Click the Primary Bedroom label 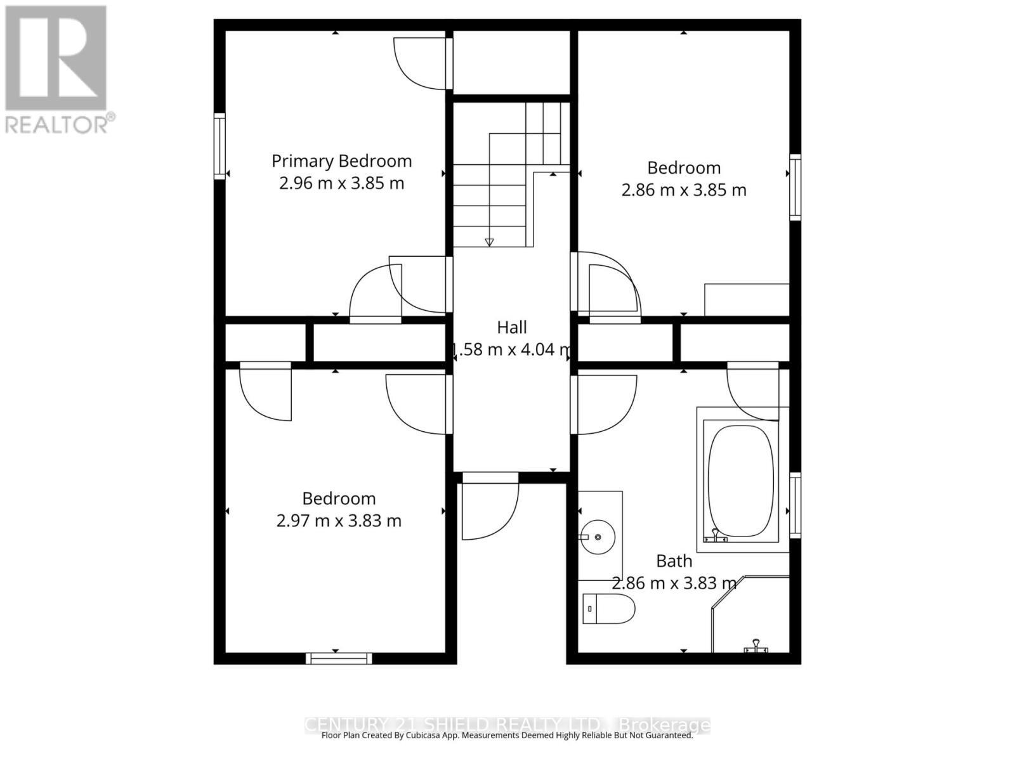(341, 161)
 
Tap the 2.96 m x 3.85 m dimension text (341, 183)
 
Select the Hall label (511, 327)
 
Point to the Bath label (674, 561)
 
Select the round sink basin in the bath (598, 537)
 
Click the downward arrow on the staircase (489, 242)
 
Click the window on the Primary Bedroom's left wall (219, 146)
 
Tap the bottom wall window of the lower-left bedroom (339, 658)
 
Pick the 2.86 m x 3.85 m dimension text (683, 190)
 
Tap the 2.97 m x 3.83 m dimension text (339, 521)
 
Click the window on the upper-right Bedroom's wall (795, 187)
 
